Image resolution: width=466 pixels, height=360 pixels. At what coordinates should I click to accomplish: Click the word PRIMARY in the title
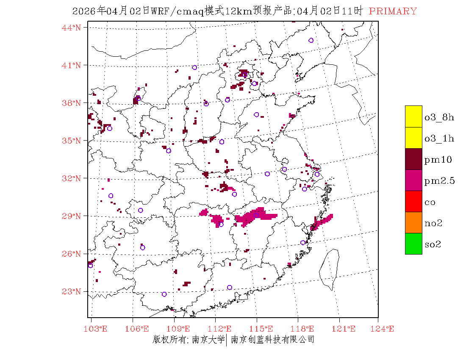click(393, 11)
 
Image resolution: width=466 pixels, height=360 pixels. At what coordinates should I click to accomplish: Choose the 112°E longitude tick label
click(222, 329)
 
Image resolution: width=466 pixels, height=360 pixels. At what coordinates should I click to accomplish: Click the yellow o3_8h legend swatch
click(413, 116)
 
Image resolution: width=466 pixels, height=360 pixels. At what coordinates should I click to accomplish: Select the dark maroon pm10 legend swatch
click(413, 159)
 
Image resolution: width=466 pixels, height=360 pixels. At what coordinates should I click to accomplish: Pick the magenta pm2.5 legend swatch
click(413, 180)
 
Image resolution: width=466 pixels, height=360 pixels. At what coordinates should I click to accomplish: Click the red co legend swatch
click(413, 201)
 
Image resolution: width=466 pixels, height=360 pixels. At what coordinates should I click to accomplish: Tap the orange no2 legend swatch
click(413, 222)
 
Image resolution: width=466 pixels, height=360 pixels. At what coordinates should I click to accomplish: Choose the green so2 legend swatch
click(413, 244)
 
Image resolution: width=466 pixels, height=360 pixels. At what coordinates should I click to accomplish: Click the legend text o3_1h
click(439, 138)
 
